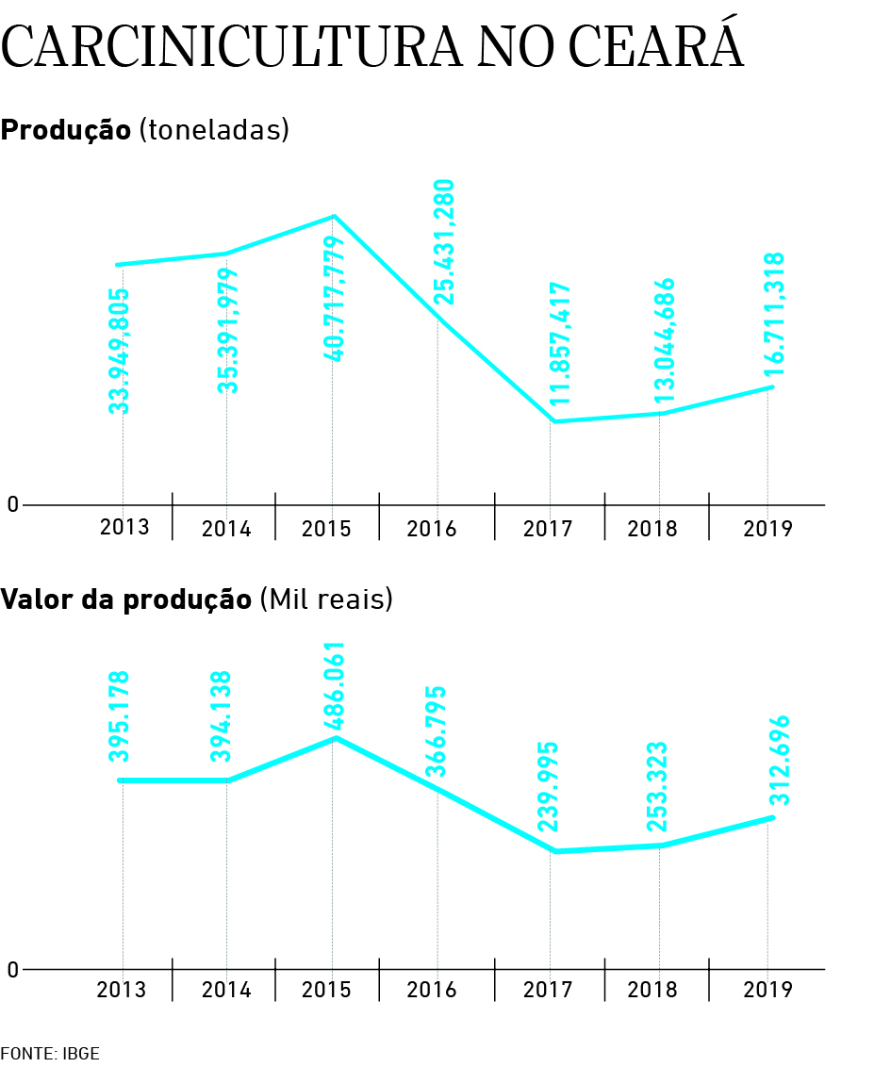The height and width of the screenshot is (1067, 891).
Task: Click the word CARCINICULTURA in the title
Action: (232, 47)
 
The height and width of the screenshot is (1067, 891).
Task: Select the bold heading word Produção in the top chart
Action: (65, 130)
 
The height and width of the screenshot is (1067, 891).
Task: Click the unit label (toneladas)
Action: (213, 130)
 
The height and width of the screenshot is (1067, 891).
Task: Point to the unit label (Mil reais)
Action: (325, 599)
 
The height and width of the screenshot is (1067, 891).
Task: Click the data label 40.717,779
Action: (334, 299)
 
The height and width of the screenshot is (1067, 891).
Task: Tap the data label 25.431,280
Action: (444, 242)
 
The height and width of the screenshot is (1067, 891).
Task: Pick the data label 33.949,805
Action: (119, 351)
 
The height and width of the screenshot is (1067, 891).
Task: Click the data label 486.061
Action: (334, 688)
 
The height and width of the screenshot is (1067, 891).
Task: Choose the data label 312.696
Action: (779, 760)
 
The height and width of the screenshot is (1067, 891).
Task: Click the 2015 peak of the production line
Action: (334, 217)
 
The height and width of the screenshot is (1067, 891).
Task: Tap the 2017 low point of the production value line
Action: (555, 851)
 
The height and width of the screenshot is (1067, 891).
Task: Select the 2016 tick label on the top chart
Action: (432, 529)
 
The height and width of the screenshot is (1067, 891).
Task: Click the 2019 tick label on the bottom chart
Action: (768, 991)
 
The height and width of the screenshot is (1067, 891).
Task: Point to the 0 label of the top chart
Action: (12, 505)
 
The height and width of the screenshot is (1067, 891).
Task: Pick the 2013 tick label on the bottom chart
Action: (122, 991)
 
